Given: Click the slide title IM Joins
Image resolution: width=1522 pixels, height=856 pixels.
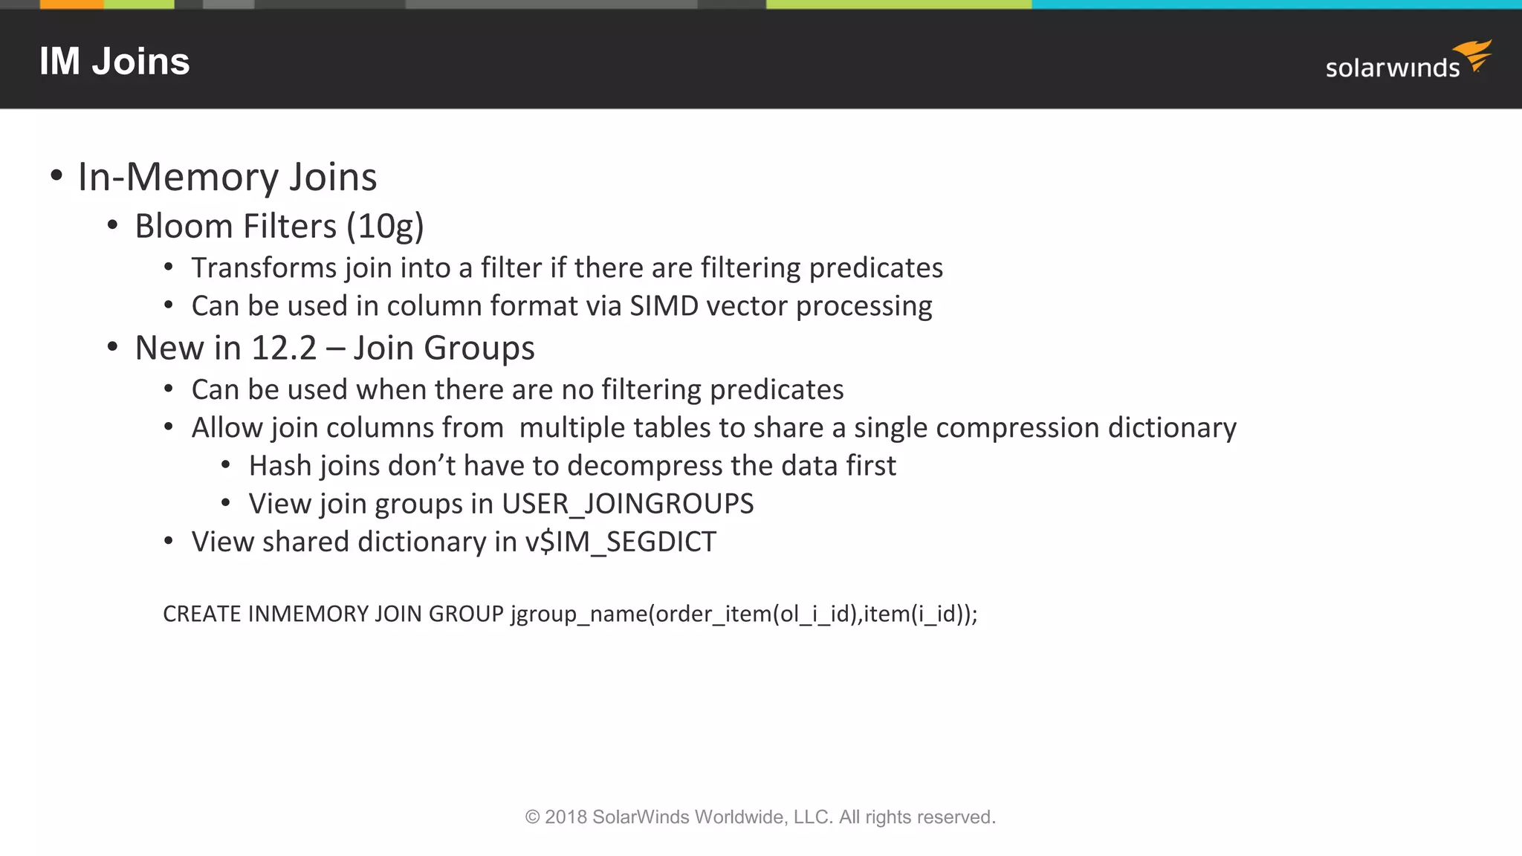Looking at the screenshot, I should click(114, 62).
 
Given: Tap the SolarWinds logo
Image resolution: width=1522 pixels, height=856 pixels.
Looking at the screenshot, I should click(1408, 61).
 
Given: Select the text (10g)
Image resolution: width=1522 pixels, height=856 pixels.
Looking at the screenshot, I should click(385, 227).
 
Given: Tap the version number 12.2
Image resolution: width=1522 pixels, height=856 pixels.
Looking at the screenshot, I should click(284, 348).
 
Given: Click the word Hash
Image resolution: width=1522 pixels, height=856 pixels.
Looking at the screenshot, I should click(279, 466).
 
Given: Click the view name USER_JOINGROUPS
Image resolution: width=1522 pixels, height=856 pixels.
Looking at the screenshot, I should click(627, 505).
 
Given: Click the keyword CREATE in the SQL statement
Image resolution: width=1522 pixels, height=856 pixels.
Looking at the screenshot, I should click(201, 614).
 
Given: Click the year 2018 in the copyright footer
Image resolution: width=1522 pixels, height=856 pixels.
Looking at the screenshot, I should click(566, 817).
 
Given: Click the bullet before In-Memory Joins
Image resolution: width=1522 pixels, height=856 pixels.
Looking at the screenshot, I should click(56, 177).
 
